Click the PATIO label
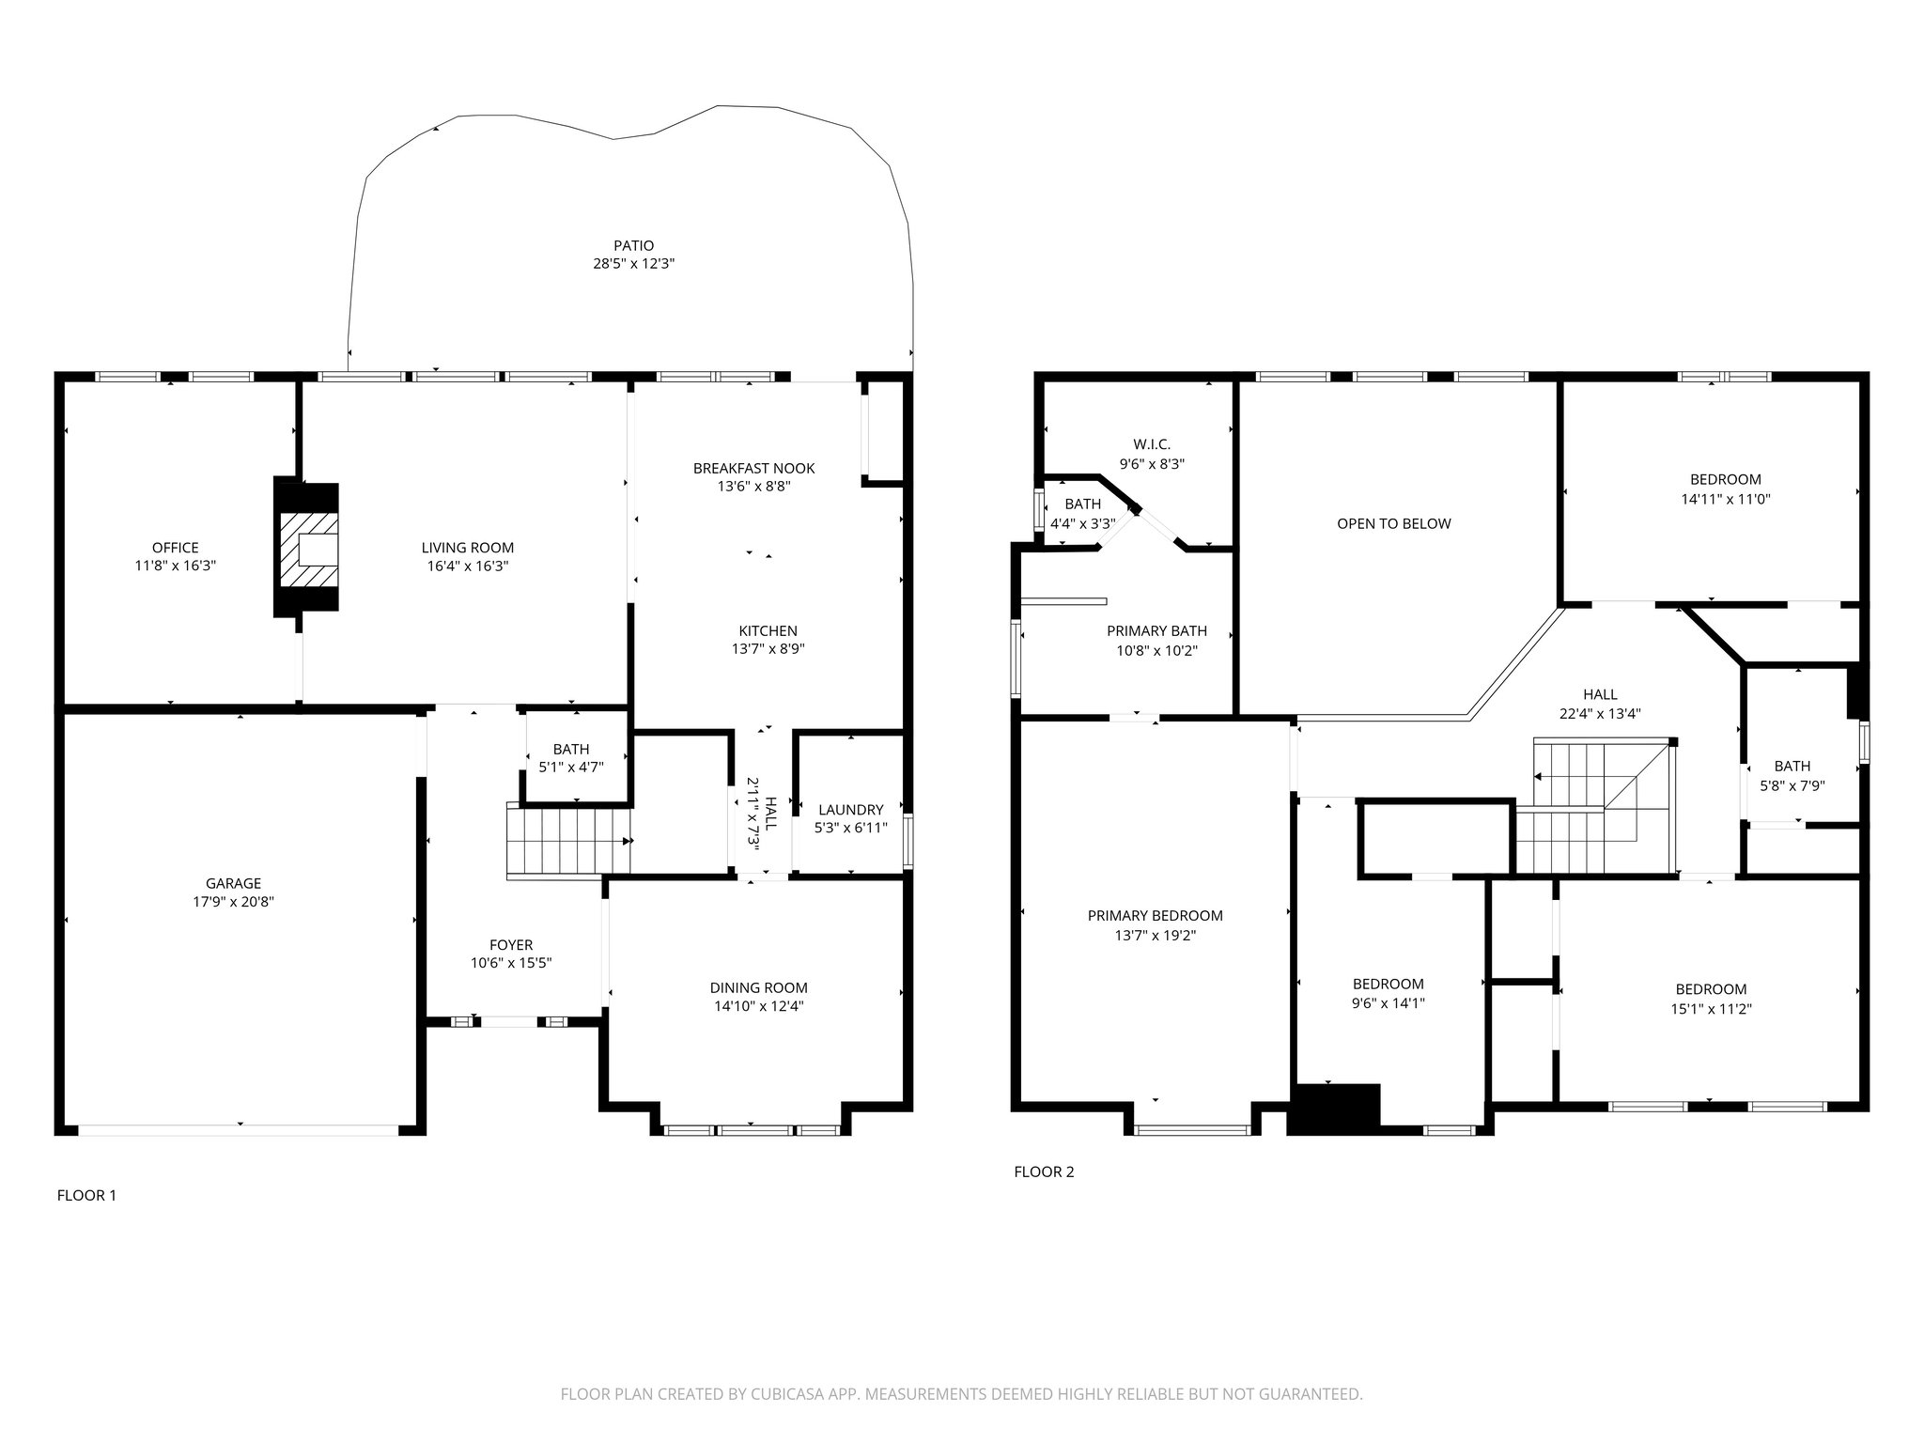(633, 246)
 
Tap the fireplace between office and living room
(305, 548)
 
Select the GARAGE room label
(234, 883)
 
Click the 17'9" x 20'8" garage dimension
(234, 902)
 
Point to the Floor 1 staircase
(568, 841)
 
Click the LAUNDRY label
(851, 810)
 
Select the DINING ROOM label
(759, 987)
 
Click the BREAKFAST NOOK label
(754, 468)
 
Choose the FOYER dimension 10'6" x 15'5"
(511, 963)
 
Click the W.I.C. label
(1152, 444)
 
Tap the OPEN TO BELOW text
(1394, 523)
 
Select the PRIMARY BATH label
(1157, 630)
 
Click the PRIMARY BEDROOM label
(1156, 915)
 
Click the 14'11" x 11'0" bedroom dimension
(1726, 499)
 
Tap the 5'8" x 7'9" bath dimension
(1792, 784)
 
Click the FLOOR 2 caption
(1044, 1171)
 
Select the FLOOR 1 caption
(87, 1195)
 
